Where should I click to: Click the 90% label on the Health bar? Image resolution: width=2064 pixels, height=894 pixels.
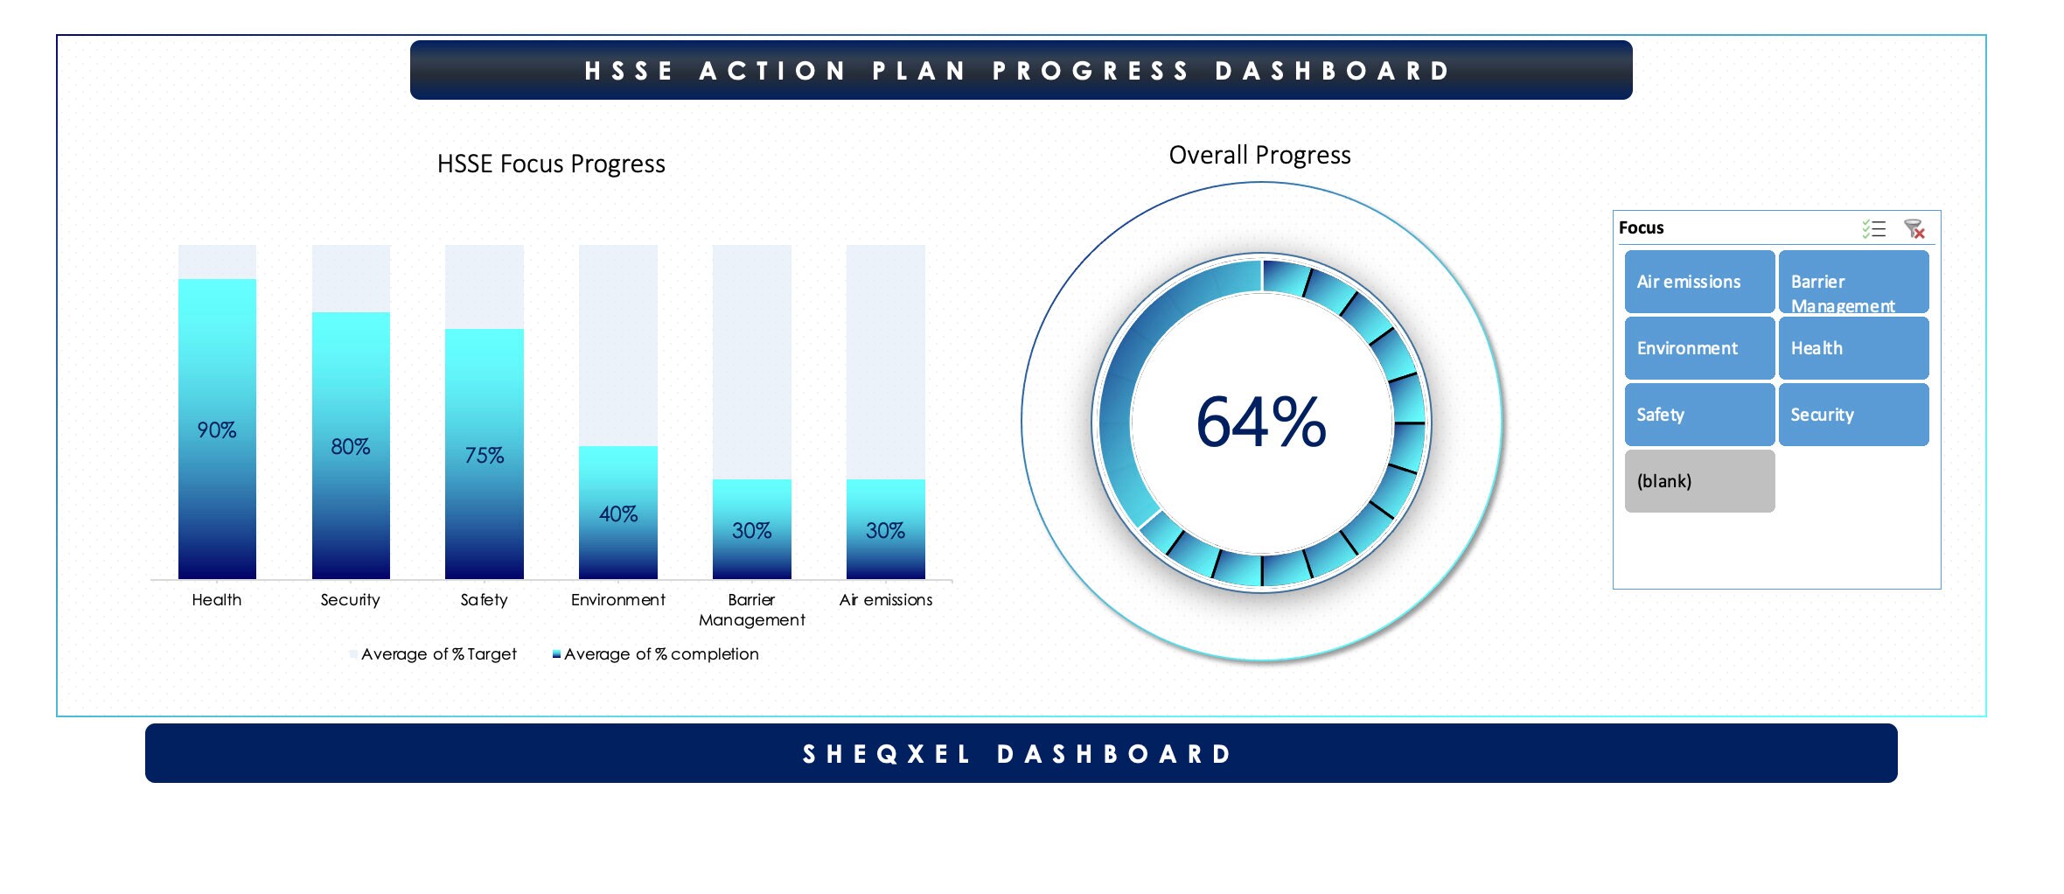point(217,430)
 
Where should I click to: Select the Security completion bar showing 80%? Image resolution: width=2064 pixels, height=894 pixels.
point(351,490)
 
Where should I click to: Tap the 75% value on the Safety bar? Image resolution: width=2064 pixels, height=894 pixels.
point(484,456)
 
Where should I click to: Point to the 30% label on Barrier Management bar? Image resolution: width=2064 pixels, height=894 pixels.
point(751,531)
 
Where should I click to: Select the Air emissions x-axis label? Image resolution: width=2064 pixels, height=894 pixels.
point(885,600)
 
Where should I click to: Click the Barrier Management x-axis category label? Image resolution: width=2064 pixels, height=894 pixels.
point(751,610)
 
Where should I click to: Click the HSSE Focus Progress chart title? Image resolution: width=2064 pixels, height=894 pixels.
point(551,164)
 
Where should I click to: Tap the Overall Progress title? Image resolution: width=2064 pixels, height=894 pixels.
point(1259,156)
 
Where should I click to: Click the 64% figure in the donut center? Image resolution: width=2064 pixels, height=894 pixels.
point(1260,423)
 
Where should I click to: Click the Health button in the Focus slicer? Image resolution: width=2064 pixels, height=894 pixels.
point(1852,348)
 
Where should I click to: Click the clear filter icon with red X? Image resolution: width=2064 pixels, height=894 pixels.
point(1914,229)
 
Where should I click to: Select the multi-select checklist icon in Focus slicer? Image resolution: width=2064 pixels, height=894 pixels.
point(1873,229)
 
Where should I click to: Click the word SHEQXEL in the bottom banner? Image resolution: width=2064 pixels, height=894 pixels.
point(887,754)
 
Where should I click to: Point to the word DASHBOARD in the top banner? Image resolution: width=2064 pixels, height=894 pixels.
point(1333,71)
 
